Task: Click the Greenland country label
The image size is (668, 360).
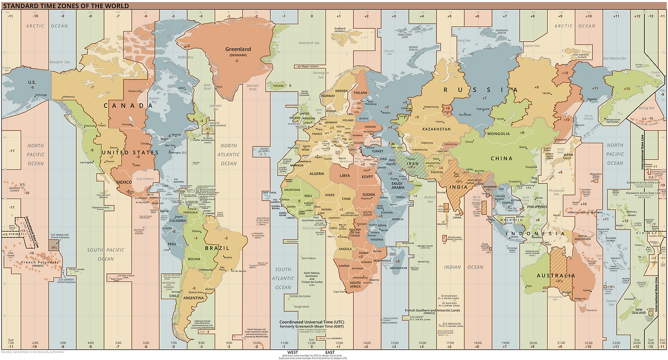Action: (238, 50)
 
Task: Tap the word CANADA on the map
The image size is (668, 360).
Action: (128, 105)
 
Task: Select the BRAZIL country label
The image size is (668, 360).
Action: (217, 248)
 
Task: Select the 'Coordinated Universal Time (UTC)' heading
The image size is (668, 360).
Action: (312, 322)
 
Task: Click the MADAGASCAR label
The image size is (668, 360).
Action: (398, 268)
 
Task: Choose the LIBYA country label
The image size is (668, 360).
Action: (345, 176)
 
